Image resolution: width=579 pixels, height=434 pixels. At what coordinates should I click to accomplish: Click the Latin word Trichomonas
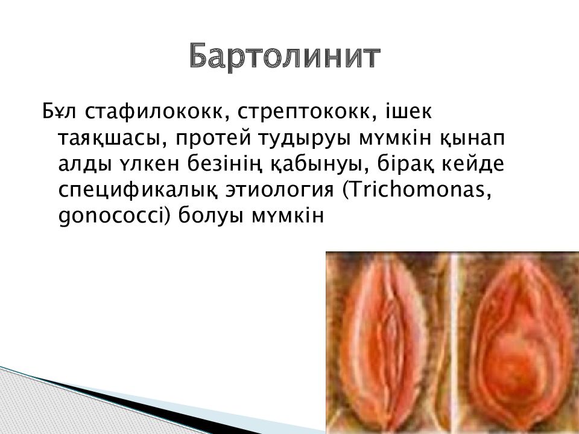pyautogui.click(x=417, y=190)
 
